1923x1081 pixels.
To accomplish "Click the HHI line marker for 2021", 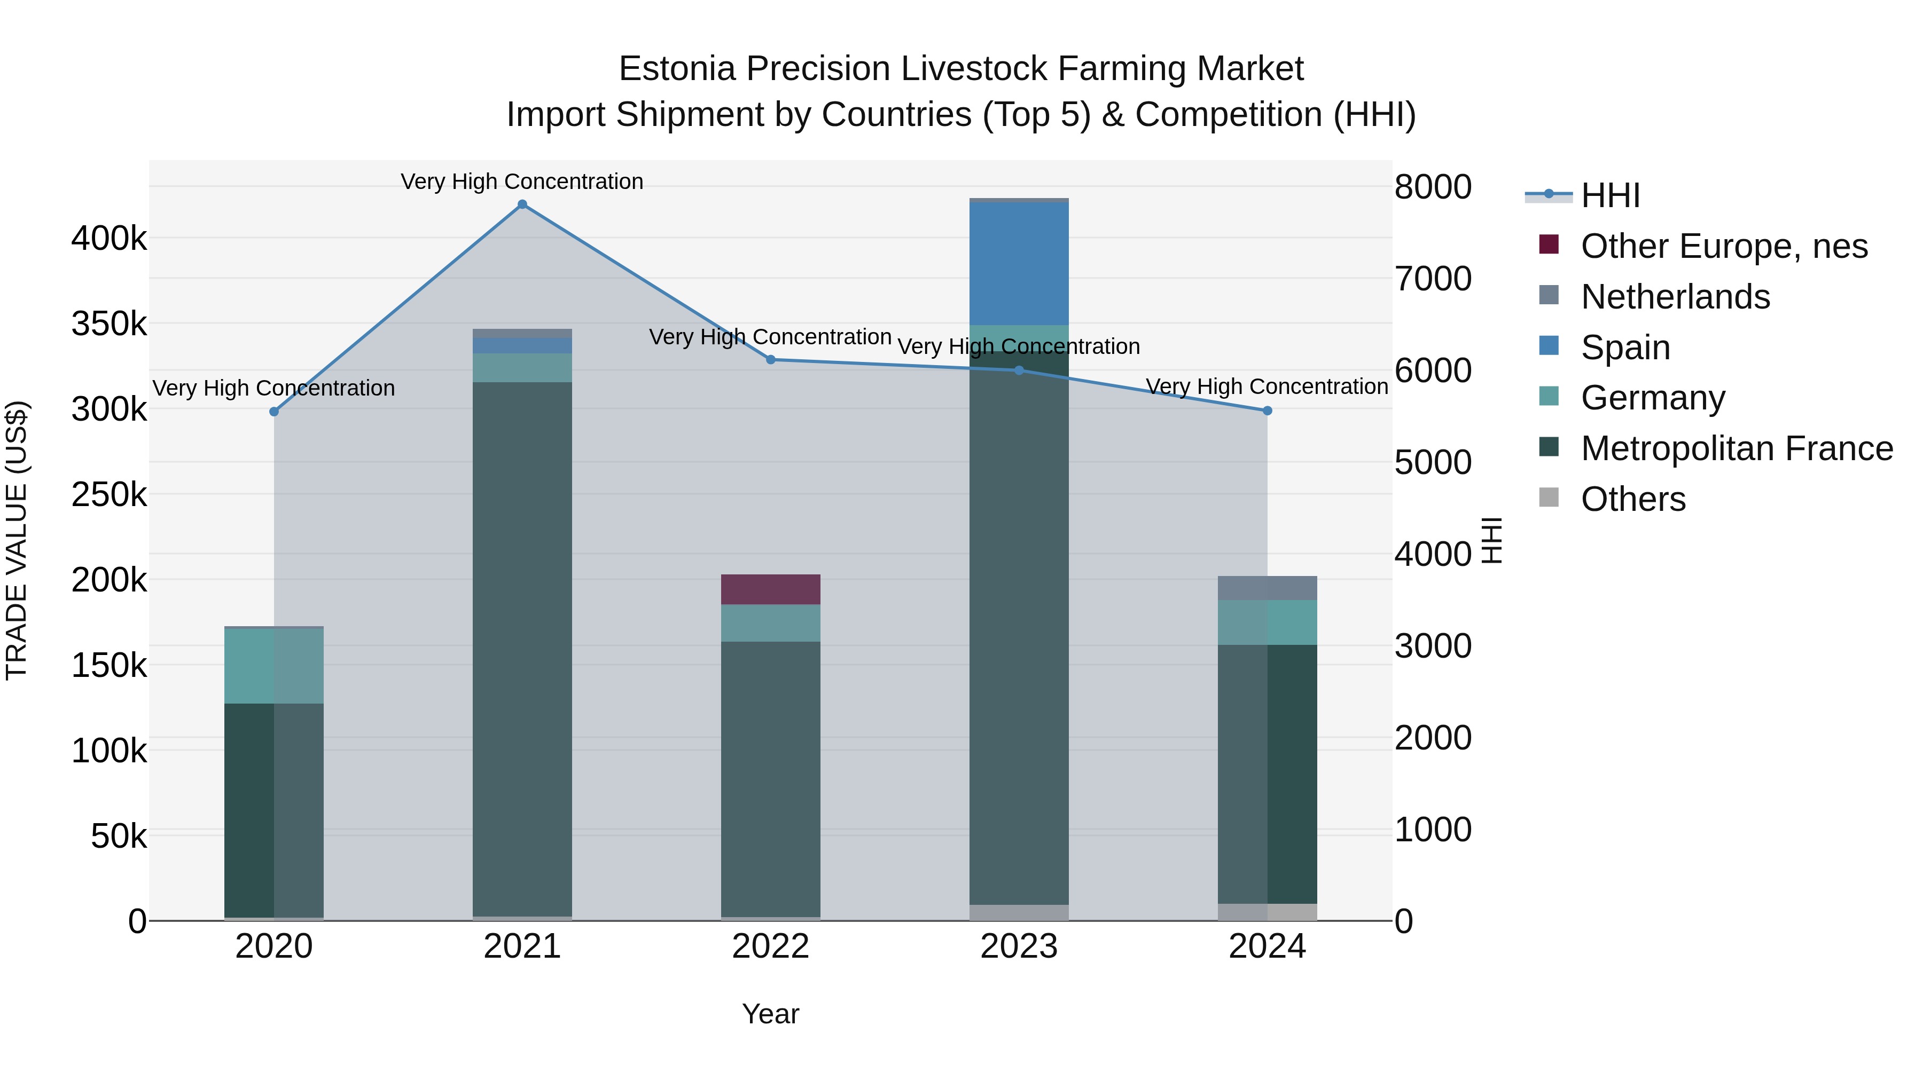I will [x=522, y=204].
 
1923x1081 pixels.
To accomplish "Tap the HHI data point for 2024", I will [x=1267, y=411].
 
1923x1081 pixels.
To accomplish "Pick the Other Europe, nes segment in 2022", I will [x=770, y=589].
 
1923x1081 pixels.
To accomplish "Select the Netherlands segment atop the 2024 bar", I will [x=1267, y=588].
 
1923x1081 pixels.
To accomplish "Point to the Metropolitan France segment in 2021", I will [x=522, y=649].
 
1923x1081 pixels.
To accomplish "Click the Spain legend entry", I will [x=1624, y=348].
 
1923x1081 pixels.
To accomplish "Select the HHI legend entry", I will [x=1609, y=195].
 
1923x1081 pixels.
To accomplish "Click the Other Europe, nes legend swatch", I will [x=1549, y=244].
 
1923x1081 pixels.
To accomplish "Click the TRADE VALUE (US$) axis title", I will [x=17, y=540].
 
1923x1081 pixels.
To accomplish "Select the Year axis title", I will [x=770, y=1014].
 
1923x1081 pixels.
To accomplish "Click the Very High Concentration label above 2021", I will [x=522, y=182].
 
